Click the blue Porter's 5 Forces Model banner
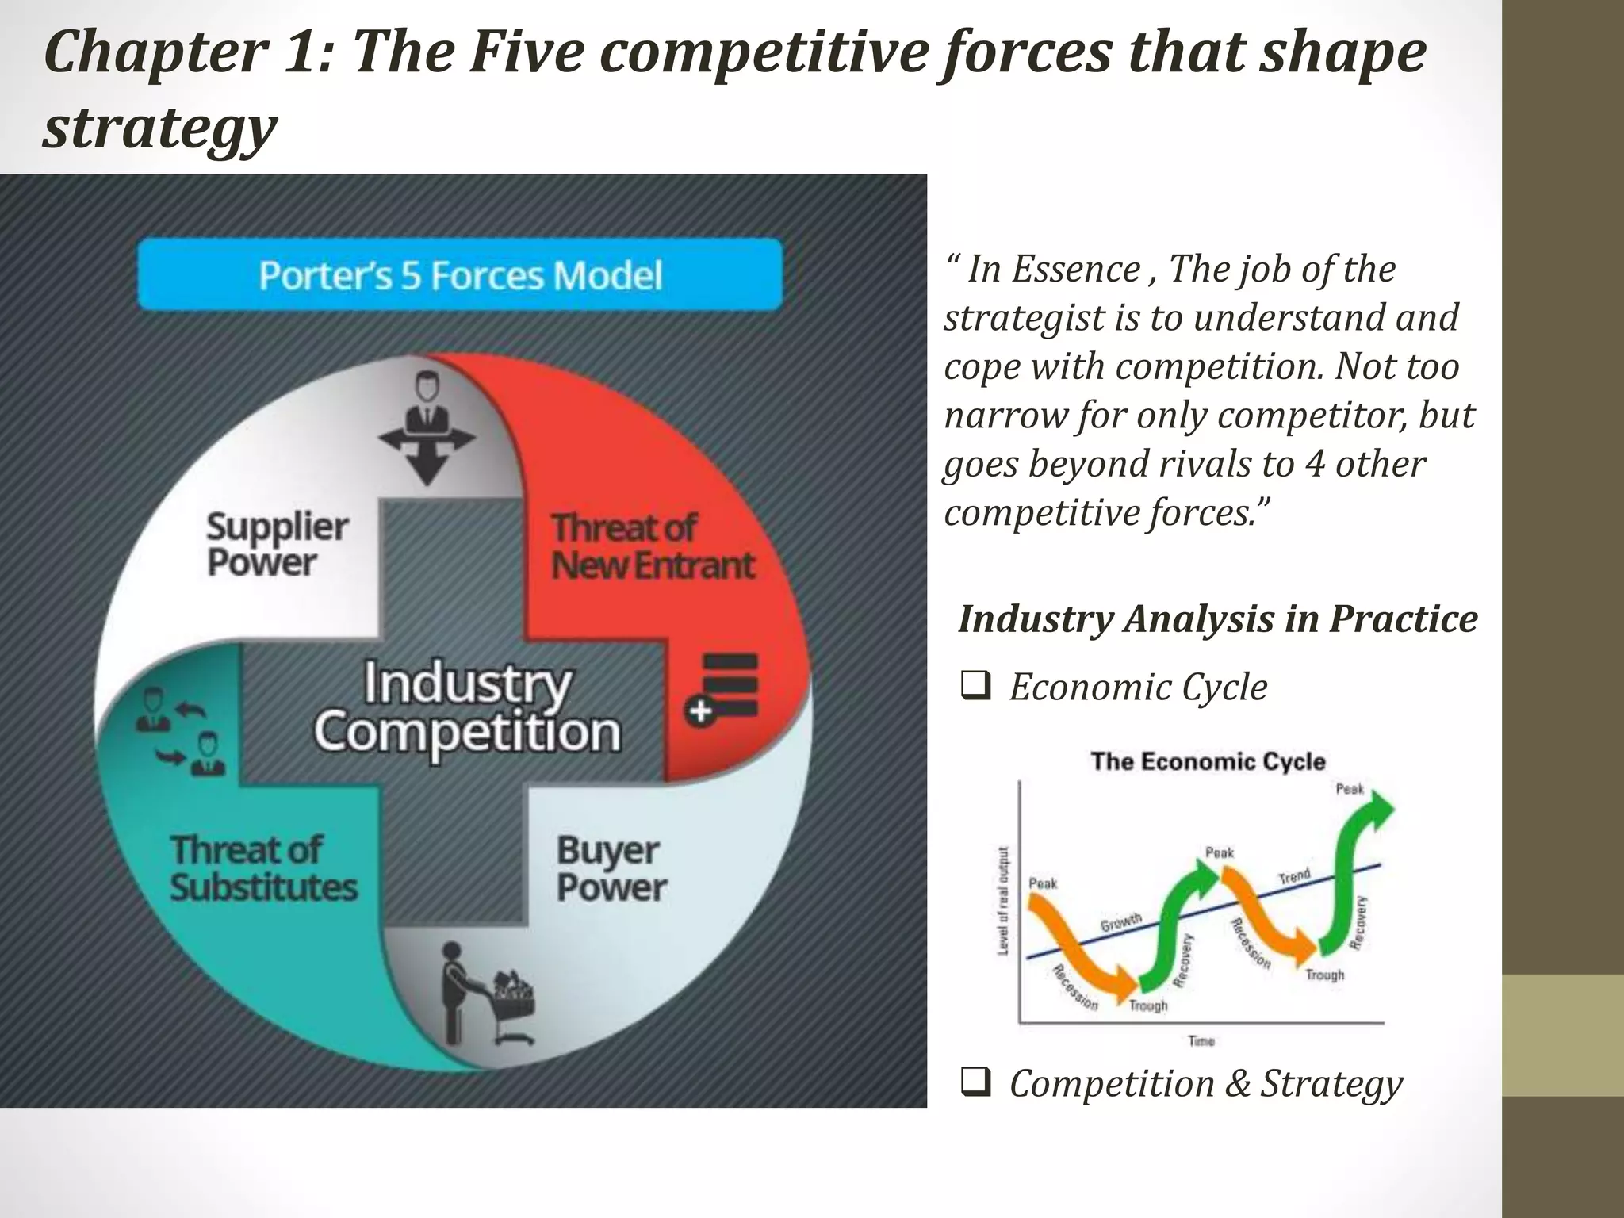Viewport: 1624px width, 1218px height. (x=460, y=274)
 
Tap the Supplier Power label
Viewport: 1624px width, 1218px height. (x=276, y=544)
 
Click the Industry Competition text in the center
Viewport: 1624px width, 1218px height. (x=466, y=707)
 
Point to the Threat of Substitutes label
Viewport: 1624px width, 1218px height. (x=263, y=868)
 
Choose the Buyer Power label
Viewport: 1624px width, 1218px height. (x=611, y=868)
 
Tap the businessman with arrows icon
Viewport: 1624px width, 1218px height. (x=427, y=428)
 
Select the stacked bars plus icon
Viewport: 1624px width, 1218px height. (x=722, y=688)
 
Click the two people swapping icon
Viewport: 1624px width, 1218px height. (x=180, y=731)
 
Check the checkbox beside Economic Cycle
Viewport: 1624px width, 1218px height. (x=975, y=686)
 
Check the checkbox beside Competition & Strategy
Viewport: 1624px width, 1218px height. (x=975, y=1082)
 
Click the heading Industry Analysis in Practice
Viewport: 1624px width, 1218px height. (x=1217, y=619)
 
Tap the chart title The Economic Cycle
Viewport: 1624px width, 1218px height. (x=1208, y=761)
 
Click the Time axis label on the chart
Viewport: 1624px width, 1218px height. (x=1201, y=1041)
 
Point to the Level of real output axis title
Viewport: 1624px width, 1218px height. (x=1003, y=901)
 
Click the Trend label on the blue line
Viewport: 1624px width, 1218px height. (x=1294, y=876)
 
